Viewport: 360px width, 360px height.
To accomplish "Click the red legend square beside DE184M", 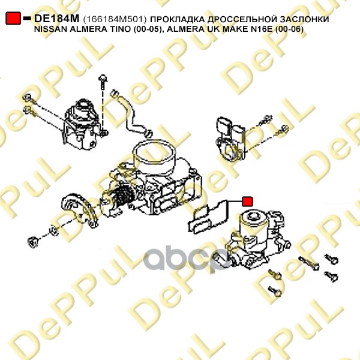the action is click(13, 18).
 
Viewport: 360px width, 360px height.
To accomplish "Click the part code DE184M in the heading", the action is click(56, 19).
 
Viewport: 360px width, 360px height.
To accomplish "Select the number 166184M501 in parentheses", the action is click(115, 19).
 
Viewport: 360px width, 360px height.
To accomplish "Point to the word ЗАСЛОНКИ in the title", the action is click(307, 19).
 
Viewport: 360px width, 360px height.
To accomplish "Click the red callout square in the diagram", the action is click(247, 202).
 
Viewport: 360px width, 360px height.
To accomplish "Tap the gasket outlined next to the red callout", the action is click(208, 217).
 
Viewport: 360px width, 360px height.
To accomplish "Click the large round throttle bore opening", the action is click(154, 152).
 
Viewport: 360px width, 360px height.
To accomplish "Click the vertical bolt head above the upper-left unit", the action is click(103, 79).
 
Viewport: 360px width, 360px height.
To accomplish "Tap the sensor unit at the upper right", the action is click(230, 139).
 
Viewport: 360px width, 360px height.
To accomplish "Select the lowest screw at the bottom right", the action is click(275, 291).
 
